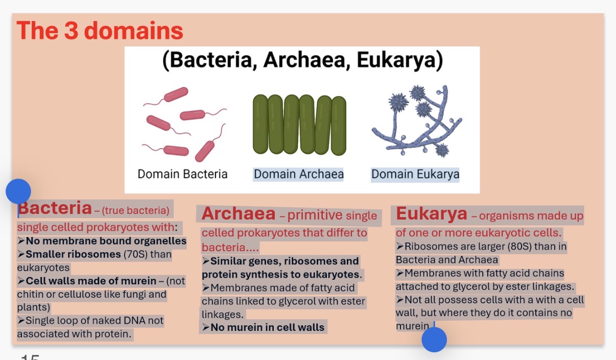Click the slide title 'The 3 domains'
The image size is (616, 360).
(100, 31)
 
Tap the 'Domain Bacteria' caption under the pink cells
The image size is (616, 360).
(182, 174)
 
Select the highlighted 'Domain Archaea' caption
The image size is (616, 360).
(299, 174)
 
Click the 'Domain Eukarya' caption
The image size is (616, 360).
(415, 174)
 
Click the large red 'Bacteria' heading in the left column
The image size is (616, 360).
(55, 208)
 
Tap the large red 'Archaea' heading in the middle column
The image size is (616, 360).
(238, 214)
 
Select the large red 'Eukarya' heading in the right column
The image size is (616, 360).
(431, 214)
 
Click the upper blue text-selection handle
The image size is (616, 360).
(18, 192)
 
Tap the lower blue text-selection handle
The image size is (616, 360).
(434, 340)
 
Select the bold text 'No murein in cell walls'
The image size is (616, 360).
(267, 327)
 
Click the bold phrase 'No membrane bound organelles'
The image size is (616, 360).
(106, 241)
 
